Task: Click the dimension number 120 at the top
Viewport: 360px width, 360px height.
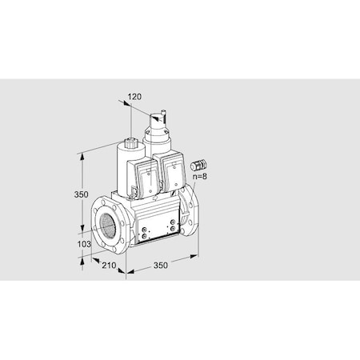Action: (134, 96)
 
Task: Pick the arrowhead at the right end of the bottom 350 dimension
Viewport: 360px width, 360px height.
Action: (197, 256)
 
